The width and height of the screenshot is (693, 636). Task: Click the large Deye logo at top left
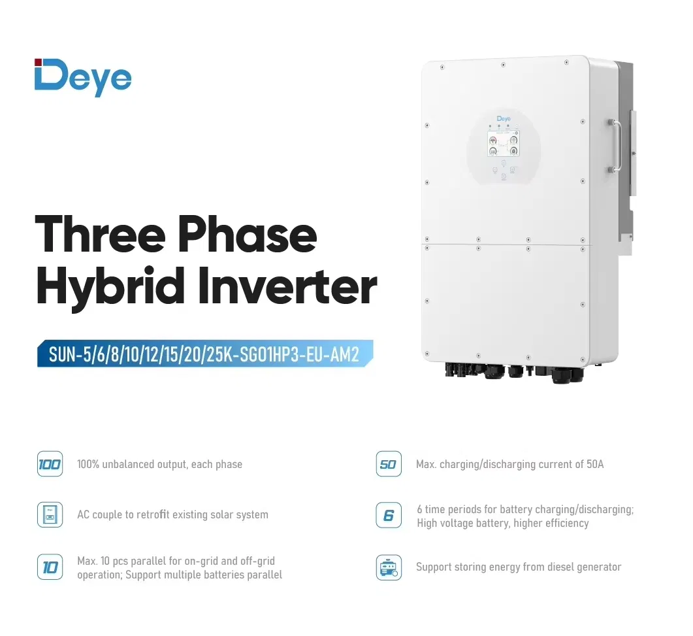pyautogui.click(x=83, y=78)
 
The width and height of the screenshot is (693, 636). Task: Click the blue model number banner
pyautogui.click(x=204, y=354)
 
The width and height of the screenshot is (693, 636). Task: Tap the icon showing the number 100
pyautogui.click(x=50, y=465)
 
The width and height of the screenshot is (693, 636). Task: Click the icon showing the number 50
pyautogui.click(x=389, y=465)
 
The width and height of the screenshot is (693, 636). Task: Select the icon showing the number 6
pyautogui.click(x=389, y=516)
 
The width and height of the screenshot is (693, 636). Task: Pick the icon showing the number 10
pyautogui.click(x=50, y=567)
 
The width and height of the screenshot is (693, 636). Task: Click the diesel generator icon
pyautogui.click(x=389, y=567)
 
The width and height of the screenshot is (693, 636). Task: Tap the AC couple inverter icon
pyautogui.click(x=50, y=515)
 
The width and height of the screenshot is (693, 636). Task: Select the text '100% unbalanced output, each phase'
pyautogui.click(x=159, y=465)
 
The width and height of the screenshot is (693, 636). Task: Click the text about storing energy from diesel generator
pyautogui.click(x=519, y=567)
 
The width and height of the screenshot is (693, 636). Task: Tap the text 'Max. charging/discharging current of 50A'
pyautogui.click(x=509, y=465)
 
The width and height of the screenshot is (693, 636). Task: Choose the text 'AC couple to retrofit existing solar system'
pyautogui.click(x=172, y=515)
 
